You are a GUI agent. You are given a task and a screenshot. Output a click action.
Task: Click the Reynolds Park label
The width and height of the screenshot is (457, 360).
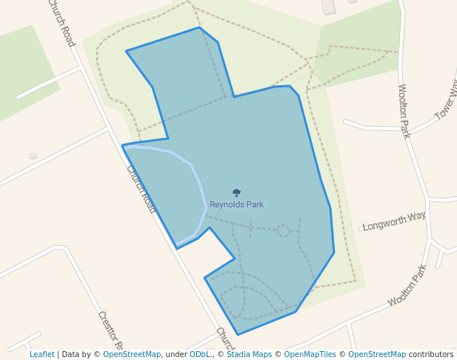click(x=236, y=204)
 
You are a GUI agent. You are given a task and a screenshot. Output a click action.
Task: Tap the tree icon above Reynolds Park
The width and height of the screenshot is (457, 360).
click(x=236, y=193)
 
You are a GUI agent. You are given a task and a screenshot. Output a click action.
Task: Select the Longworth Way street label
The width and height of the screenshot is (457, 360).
click(x=394, y=221)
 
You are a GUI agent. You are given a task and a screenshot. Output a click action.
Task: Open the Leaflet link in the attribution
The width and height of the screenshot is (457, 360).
click(x=42, y=354)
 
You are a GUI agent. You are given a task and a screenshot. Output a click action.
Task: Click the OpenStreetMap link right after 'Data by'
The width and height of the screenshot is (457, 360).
click(x=132, y=354)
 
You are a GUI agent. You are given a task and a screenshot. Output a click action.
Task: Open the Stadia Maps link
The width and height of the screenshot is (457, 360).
click(x=249, y=354)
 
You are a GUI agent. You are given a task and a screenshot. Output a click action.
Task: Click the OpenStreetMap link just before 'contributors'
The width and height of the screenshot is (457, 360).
click(x=377, y=354)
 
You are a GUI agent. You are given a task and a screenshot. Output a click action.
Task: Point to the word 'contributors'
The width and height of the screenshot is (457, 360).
click(x=431, y=354)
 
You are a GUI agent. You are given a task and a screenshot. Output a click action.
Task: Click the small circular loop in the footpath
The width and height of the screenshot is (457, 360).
click(x=283, y=230)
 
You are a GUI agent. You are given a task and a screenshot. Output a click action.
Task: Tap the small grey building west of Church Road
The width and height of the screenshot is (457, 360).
click(x=33, y=156)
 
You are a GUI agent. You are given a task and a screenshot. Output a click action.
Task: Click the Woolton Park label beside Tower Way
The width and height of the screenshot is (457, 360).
click(x=404, y=111)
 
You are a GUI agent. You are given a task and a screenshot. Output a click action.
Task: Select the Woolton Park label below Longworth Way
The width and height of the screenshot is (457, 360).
click(x=407, y=285)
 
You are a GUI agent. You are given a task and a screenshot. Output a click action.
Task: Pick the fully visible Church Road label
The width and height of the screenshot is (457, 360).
click(x=141, y=189)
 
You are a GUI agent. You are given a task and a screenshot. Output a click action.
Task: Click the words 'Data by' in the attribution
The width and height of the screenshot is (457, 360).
click(x=81, y=354)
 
